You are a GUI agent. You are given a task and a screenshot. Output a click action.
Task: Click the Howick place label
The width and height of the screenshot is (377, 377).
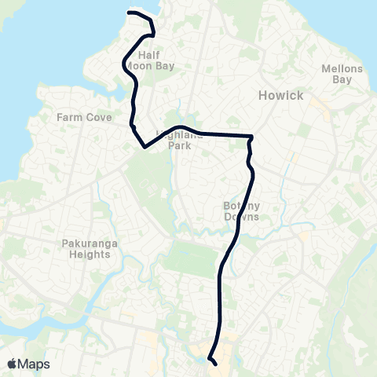pos(280,95)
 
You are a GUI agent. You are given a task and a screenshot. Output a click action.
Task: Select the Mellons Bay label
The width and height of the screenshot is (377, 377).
pos(342,74)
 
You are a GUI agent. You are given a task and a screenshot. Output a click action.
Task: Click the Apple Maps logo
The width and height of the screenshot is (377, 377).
pos(28,364)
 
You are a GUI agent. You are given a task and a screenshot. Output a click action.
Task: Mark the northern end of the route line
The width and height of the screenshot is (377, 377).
pos(128,13)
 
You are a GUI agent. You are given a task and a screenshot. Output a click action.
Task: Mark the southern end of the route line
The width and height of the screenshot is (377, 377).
pos(215,363)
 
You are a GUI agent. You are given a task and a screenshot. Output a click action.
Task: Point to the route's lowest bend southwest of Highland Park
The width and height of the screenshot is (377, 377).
pos(145,146)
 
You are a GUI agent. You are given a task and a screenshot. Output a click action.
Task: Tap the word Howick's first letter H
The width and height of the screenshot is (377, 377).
pos(263,95)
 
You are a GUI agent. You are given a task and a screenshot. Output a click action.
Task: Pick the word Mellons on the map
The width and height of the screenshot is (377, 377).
pos(342,69)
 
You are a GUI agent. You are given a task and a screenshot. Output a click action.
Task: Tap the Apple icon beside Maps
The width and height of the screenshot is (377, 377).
pos(12,364)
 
